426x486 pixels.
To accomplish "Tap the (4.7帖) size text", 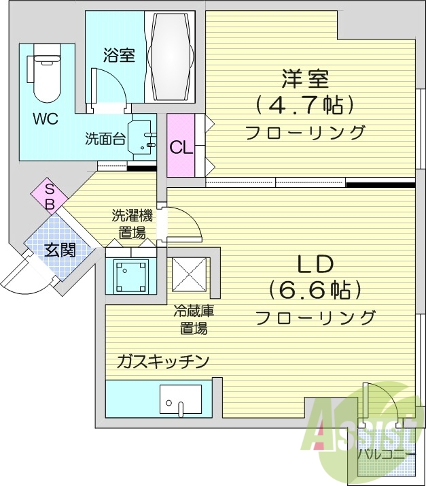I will tap(305, 105).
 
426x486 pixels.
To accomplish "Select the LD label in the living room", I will tap(314, 263).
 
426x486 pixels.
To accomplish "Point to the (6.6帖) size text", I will tap(315, 290).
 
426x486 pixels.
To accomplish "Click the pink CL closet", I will tap(181, 146).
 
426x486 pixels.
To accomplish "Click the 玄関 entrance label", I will tap(60, 250).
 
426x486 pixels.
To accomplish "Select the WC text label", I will tap(46, 118).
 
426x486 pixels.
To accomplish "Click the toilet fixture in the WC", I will tap(46, 75).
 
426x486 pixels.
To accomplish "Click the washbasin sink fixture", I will tap(143, 137).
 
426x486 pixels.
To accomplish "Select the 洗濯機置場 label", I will tap(132, 224).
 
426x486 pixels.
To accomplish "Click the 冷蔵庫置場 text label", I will tap(194, 320).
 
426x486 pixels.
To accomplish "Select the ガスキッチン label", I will tap(162, 361).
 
